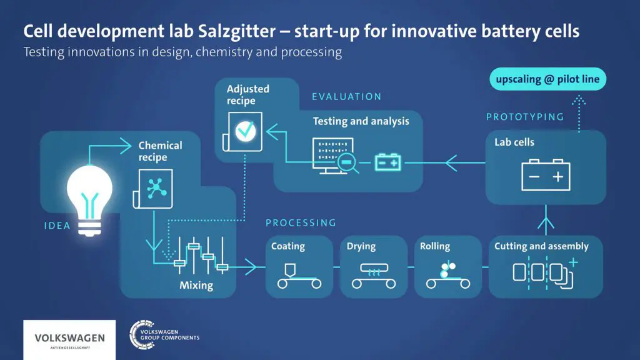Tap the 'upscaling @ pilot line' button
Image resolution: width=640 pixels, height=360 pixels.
547,79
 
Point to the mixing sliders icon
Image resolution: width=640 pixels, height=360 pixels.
199,256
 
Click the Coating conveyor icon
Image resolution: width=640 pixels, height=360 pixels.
299,276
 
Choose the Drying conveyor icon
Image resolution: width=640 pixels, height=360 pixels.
373,276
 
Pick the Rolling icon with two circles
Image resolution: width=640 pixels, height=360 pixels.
446,276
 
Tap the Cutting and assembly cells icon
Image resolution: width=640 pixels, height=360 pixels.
542,273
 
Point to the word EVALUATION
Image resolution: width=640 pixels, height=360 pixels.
346,97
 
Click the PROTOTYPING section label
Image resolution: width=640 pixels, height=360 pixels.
524,117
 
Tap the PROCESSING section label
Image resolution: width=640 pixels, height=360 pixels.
301,222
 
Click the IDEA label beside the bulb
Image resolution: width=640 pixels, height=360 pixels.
57,226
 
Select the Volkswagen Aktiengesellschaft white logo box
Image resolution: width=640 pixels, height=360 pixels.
69,339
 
